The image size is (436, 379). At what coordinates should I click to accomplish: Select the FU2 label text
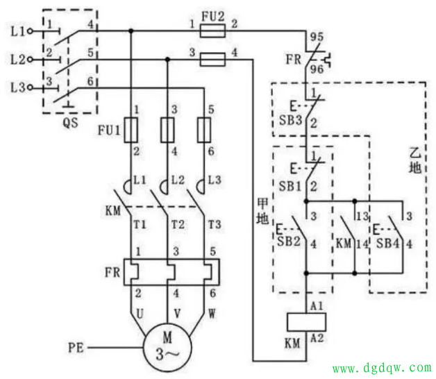(x=212, y=17)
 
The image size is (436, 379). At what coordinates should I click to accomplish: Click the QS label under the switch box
(x=70, y=122)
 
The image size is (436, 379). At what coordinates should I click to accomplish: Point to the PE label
(x=76, y=348)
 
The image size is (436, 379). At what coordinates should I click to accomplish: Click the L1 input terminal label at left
(x=18, y=31)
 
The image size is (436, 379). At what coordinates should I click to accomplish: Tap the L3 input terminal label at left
(x=18, y=87)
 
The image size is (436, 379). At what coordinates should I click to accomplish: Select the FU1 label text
(x=109, y=130)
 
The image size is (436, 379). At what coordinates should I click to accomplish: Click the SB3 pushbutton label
(x=290, y=120)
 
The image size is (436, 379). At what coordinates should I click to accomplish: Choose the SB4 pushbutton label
(x=387, y=244)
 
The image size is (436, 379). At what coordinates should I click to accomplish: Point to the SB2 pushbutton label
(x=289, y=242)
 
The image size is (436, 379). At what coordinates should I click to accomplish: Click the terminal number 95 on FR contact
(x=317, y=37)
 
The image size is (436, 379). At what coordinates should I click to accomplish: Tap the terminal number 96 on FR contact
(x=317, y=69)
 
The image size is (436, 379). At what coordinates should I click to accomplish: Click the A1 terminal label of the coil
(x=317, y=306)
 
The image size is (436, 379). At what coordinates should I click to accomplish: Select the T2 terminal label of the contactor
(x=178, y=224)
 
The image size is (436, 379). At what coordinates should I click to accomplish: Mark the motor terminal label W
(x=212, y=314)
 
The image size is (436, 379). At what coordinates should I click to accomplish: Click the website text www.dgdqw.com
(x=382, y=368)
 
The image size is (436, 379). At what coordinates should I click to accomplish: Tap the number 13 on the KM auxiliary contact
(x=362, y=216)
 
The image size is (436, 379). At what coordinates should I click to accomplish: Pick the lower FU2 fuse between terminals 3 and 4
(x=212, y=59)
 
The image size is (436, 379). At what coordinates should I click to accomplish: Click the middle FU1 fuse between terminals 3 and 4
(x=167, y=130)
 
